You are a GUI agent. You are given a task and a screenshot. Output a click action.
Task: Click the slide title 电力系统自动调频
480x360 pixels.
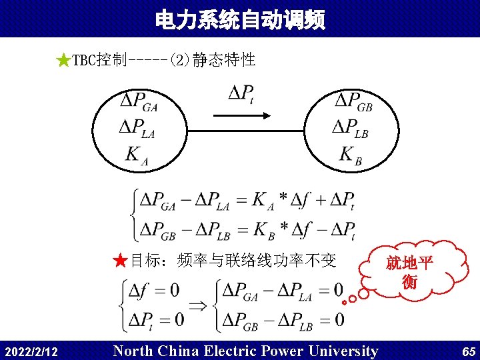(240, 20)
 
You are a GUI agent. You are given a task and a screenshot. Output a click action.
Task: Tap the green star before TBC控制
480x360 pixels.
(63, 61)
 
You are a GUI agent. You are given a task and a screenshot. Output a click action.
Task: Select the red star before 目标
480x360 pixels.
(120, 260)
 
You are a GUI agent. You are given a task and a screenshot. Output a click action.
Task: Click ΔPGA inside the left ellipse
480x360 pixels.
(139, 102)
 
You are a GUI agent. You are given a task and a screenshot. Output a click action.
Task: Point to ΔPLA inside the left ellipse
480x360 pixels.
(137, 127)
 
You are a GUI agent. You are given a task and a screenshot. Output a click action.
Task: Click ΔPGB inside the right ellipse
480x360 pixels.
(353, 102)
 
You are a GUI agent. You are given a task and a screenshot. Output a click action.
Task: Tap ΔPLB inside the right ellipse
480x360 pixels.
(351, 127)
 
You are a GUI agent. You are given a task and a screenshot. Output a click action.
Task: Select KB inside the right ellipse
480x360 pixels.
(351, 156)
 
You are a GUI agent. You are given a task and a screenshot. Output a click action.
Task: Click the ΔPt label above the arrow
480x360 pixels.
(241, 93)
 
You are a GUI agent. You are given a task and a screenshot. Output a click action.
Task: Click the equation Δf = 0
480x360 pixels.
(154, 291)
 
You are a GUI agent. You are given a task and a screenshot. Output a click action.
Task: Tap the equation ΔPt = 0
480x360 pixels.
(155, 319)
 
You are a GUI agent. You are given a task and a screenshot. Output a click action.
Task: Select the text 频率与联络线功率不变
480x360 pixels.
(257, 260)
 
